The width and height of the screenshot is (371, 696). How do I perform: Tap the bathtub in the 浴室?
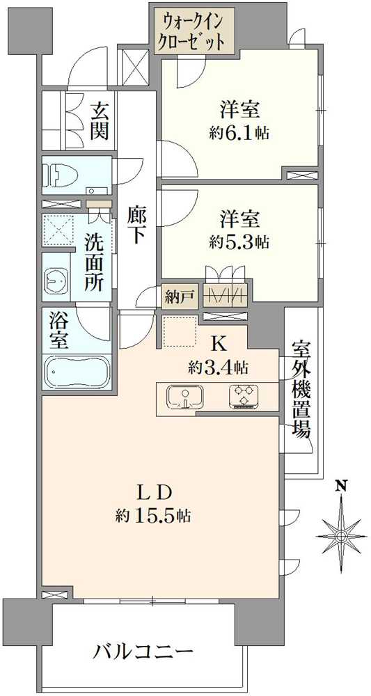(77, 372)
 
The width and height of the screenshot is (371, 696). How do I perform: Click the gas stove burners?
(243, 397)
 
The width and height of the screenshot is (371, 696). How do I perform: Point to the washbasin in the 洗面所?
(56, 280)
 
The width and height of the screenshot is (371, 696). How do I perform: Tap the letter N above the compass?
(341, 486)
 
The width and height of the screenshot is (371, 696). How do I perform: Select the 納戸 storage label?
(173, 296)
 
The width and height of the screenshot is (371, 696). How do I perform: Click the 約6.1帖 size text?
(239, 133)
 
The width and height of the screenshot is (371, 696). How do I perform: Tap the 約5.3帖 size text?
(239, 242)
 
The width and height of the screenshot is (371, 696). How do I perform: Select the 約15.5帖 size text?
(154, 515)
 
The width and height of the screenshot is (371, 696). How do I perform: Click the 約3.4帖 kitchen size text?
(218, 367)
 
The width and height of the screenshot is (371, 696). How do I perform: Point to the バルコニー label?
(144, 652)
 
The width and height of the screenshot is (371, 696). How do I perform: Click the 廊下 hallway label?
(136, 226)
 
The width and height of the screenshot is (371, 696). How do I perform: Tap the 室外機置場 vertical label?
(301, 389)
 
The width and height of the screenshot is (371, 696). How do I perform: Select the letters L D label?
(154, 493)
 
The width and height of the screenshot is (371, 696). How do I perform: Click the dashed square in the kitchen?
(180, 331)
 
